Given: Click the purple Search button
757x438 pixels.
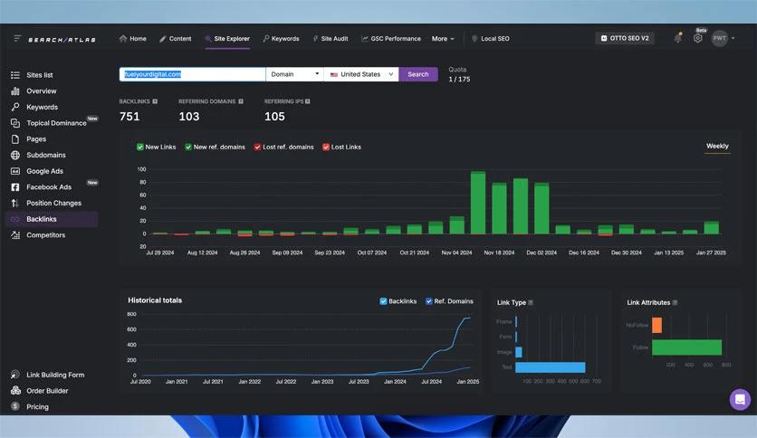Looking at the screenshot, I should point(417,74).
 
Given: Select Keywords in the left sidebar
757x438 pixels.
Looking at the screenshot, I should point(42,107).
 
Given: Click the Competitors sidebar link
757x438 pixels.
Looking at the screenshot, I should point(45,235).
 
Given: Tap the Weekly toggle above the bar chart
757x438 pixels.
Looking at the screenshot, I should point(717,146).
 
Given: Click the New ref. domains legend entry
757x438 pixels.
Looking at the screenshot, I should point(218,147).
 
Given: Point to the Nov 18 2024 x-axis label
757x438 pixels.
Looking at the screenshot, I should point(499,253).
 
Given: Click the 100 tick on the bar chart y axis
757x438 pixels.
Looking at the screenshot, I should point(141,169).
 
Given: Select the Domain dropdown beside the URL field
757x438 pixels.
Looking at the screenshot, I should point(293,74).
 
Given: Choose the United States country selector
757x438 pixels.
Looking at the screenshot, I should point(360,74).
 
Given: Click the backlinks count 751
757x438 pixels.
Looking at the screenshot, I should point(129,117).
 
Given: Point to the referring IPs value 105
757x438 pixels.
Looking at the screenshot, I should point(274,117).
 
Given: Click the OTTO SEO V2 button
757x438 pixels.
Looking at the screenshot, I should point(625,38).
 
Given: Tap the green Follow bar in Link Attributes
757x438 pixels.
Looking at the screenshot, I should point(686,348).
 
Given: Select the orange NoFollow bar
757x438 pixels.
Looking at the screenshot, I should point(656,325).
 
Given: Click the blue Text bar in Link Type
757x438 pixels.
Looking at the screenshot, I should point(550,367).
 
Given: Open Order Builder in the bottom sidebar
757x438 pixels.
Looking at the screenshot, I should point(47,391).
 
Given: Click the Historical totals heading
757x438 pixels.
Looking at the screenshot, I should point(155,300).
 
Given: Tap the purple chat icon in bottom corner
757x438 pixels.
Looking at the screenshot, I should point(740,399).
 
